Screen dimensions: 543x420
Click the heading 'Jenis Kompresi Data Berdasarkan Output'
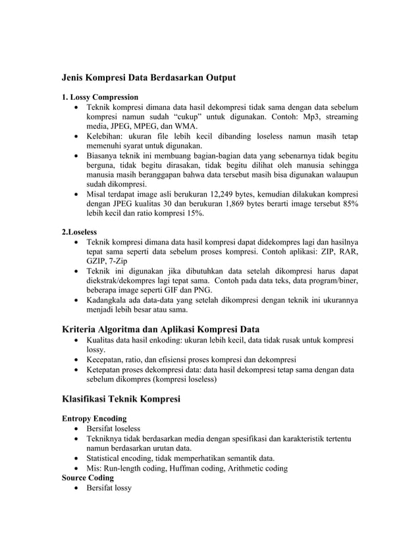(x=148, y=78)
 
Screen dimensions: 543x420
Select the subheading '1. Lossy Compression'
(x=99, y=97)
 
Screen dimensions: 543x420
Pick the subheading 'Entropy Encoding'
(x=93, y=418)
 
